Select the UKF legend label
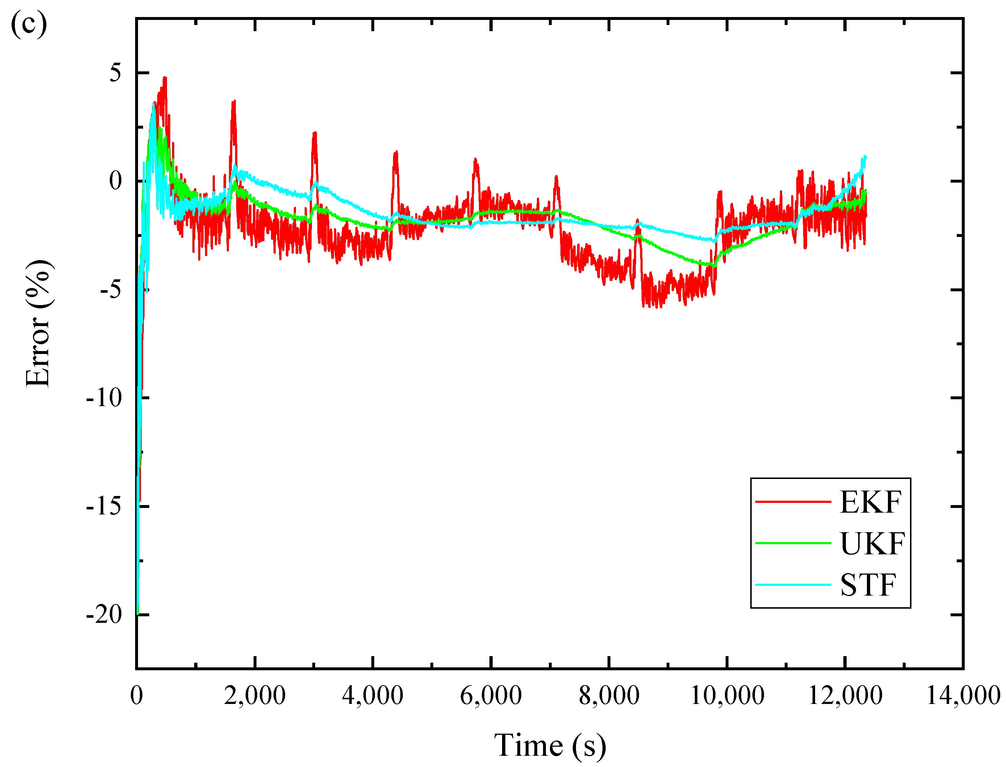(x=872, y=544)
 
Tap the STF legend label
(x=868, y=585)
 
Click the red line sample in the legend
(x=793, y=502)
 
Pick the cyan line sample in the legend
(x=793, y=585)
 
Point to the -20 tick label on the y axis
(x=104, y=614)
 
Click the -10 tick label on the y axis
(x=104, y=398)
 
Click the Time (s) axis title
(x=550, y=745)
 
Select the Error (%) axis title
(x=38, y=324)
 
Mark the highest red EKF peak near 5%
(x=165, y=79)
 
